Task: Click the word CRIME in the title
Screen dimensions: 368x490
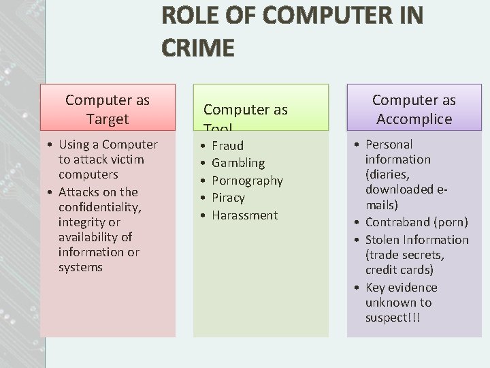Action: click(x=198, y=47)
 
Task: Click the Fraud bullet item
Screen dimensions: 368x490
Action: click(x=227, y=145)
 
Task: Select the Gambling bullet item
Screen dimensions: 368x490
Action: click(x=238, y=163)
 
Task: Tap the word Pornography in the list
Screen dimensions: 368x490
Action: click(x=247, y=181)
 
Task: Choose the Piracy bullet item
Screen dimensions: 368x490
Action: click(x=228, y=198)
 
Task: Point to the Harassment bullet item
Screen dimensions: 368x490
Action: click(x=244, y=215)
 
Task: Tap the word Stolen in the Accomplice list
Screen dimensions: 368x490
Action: click(x=383, y=240)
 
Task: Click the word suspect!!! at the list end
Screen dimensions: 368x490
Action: click(x=393, y=318)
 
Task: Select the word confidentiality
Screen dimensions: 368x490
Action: click(x=99, y=207)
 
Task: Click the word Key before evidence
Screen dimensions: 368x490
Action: click(x=376, y=288)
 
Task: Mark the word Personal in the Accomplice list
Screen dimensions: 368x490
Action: click(x=389, y=144)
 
